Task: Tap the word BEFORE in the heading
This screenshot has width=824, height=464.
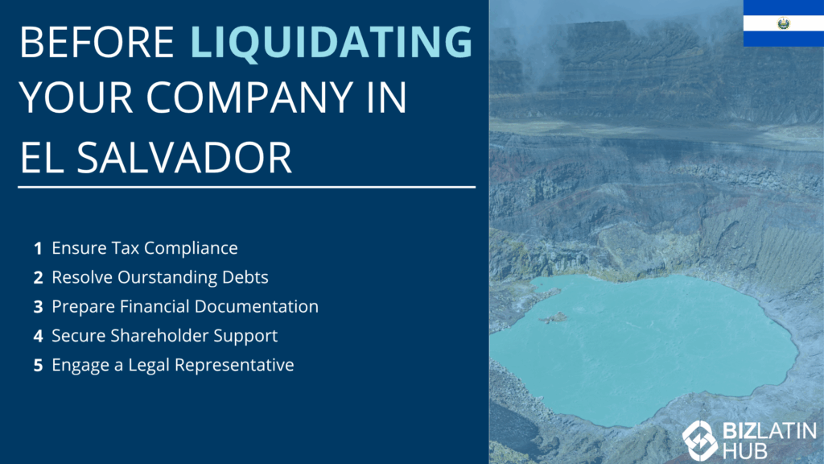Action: tap(97, 42)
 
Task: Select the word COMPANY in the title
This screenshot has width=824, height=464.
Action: tap(249, 97)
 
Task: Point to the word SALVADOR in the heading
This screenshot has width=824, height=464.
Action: tap(184, 157)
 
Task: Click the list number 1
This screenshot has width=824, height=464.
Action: tap(38, 248)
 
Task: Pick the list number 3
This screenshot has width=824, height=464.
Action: tap(38, 307)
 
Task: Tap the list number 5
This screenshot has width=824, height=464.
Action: tap(38, 365)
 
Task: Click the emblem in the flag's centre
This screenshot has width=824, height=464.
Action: tap(784, 23)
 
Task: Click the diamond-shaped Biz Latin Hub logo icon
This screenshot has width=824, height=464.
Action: tap(699, 441)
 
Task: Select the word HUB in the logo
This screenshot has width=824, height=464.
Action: tap(745, 451)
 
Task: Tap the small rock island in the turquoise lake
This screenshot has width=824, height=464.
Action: tap(554, 317)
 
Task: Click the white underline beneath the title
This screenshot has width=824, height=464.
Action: tap(246, 187)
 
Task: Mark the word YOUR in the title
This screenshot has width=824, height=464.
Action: tap(76, 97)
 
